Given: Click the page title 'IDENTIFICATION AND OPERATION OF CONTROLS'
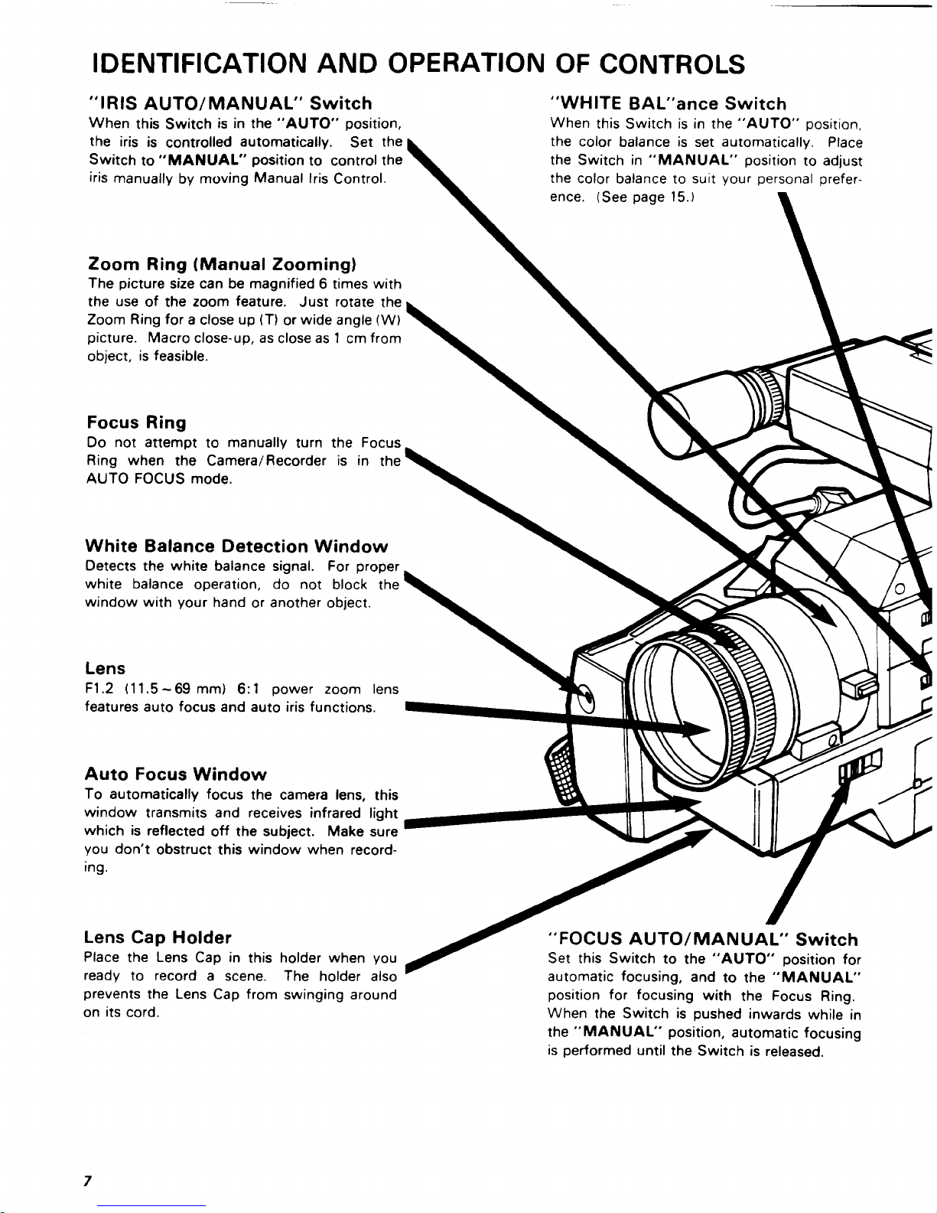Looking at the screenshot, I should pyautogui.click(x=417, y=64).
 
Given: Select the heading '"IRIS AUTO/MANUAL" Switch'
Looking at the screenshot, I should pyautogui.click(x=230, y=103).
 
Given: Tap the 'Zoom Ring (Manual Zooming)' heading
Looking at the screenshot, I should pyautogui.click(x=223, y=265).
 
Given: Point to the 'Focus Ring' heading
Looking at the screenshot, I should pyautogui.click(x=136, y=422).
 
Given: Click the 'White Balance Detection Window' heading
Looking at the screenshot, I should pyautogui.click(x=237, y=546).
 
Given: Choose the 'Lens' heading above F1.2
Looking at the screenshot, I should pyautogui.click(x=105, y=668).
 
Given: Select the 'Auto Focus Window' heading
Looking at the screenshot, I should pyautogui.click(x=176, y=774).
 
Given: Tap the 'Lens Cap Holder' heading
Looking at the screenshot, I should pyautogui.click(x=158, y=937).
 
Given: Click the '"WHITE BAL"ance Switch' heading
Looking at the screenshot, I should pyautogui.click(x=668, y=104).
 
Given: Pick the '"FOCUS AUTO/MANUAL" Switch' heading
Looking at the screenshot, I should pyautogui.click(x=704, y=939).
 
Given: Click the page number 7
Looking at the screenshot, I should pyautogui.click(x=88, y=1182).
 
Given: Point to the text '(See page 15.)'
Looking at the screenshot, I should pyautogui.click(x=647, y=197).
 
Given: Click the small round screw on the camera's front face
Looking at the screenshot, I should pyautogui.click(x=587, y=697).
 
